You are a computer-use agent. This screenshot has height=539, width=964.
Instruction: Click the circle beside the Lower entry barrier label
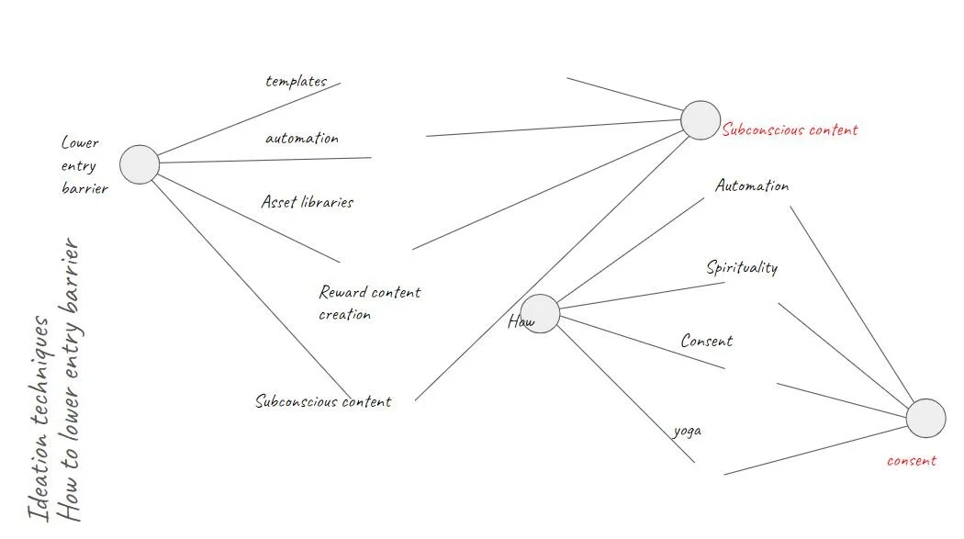pyautogui.click(x=140, y=164)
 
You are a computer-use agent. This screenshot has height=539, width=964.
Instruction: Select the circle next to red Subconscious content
pyautogui.click(x=701, y=120)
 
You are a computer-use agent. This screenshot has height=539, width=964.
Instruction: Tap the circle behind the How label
pyautogui.click(x=540, y=314)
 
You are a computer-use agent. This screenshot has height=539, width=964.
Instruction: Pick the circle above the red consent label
pyautogui.click(x=925, y=418)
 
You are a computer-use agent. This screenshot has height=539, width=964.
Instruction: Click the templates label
pyautogui.click(x=296, y=81)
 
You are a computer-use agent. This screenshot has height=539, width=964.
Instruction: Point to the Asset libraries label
pyautogui.click(x=307, y=202)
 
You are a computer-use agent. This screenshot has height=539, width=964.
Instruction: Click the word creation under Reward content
pyautogui.click(x=345, y=315)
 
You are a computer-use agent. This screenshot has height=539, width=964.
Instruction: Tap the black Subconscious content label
pyautogui.click(x=323, y=401)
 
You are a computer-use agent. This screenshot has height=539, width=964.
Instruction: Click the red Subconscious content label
pyautogui.click(x=790, y=130)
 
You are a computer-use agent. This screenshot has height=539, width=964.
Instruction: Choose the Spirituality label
pyautogui.click(x=742, y=268)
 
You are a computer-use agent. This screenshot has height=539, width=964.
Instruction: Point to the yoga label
pyautogui.click(x=688, y=430)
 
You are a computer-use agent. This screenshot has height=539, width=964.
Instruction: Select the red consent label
pyautogui.click(x=911, y=461)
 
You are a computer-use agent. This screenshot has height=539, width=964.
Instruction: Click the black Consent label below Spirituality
pyautogui.click(x=707, y=341)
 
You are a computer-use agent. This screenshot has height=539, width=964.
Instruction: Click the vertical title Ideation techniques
pyautogui.click(x=39, y=418)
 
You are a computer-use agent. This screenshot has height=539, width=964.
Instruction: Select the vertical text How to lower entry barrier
pyautogui.click(x=71, y=381)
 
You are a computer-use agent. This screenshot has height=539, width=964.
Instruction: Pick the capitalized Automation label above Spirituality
pyautogui.click(x=752, y=186)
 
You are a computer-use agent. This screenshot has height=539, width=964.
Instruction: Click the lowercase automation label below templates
pyautogui.click(x=301, y=139)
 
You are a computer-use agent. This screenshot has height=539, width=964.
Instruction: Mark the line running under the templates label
pyautogui.click(x=248, y=119)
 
